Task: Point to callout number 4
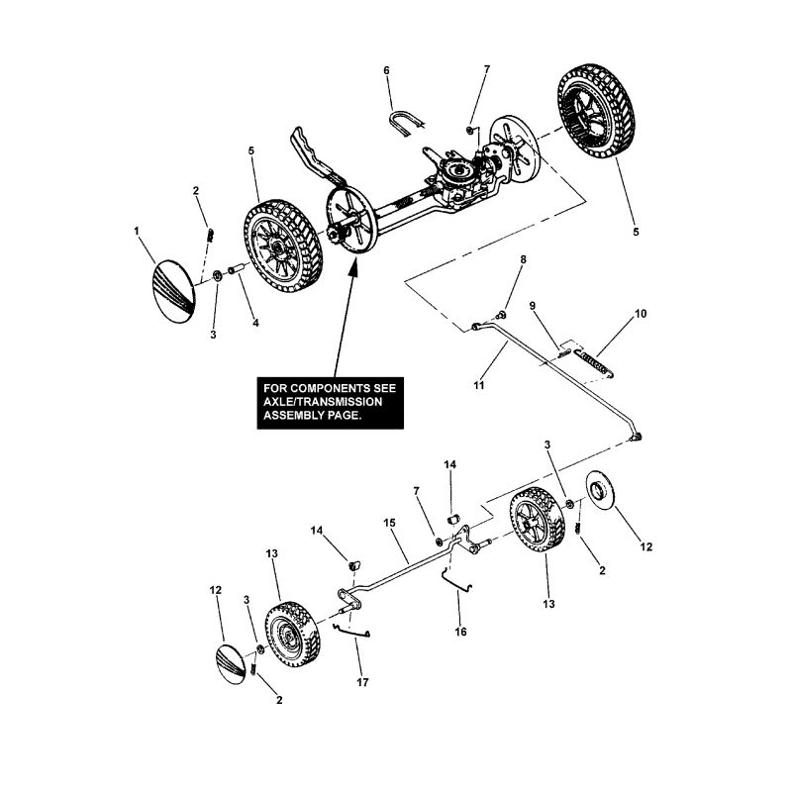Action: [254, 323]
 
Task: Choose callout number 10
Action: [640, 314]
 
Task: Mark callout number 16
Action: [458, 630]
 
